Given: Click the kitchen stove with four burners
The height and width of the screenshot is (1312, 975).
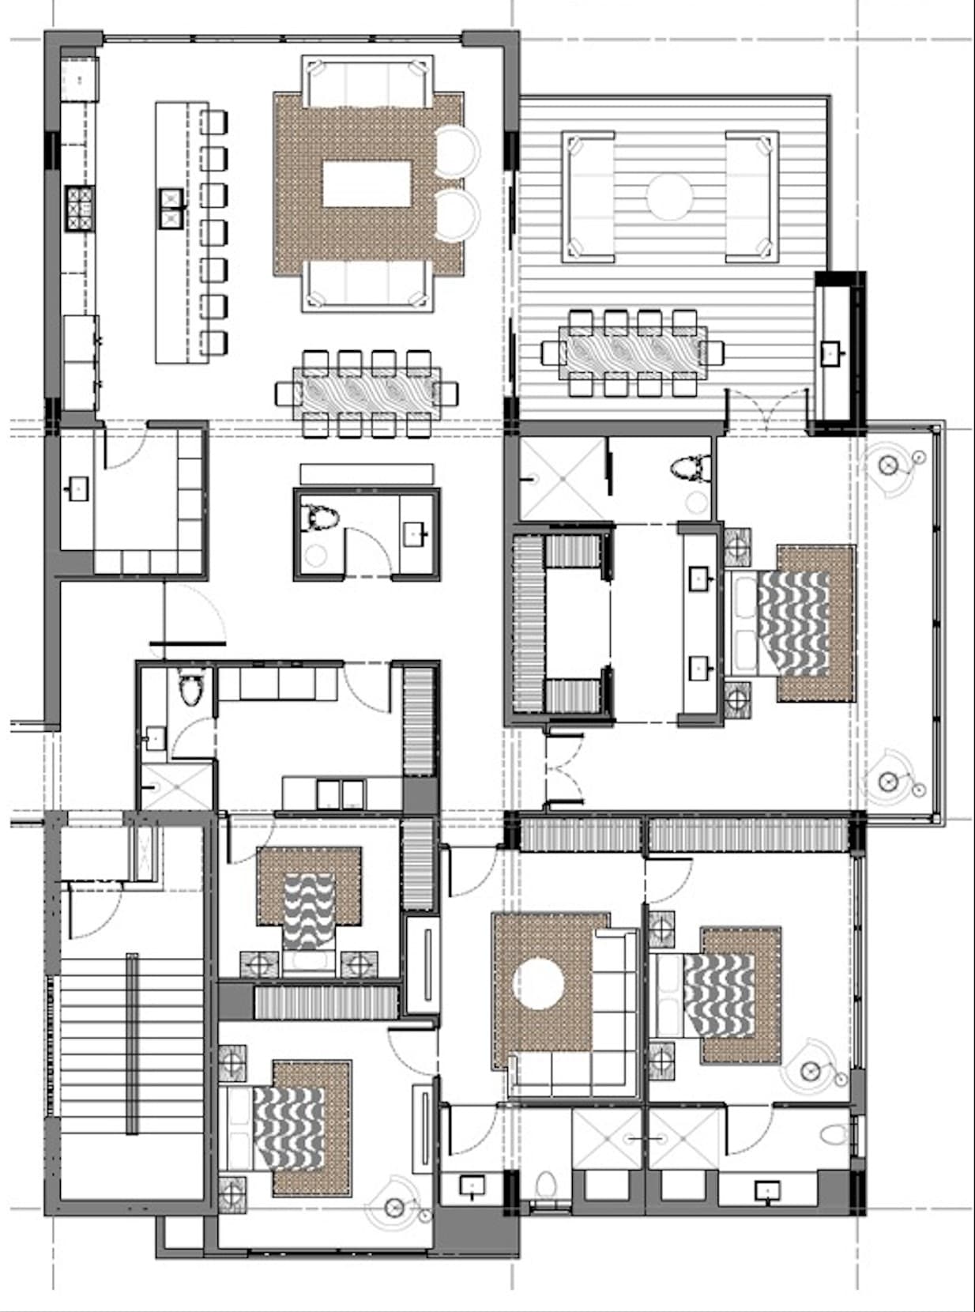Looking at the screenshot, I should tap(80, 208).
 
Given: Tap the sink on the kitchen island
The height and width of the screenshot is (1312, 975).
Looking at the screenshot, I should tap(171, 208).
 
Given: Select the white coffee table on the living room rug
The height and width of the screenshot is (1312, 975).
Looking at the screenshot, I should tap(367, 184).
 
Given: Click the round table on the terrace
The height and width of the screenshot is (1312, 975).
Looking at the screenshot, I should tap(669, 195).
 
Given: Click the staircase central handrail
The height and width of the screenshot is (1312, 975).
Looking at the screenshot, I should tap(132, 1043).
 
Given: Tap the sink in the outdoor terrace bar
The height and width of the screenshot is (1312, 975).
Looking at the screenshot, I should tap(831, 353).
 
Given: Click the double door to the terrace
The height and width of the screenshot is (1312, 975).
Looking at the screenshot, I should tap(764, 411).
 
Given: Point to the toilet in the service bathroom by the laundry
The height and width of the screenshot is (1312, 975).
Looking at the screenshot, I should tap(190, 690).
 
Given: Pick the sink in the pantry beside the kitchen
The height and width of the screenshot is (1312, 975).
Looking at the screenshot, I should tap(78, 489).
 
